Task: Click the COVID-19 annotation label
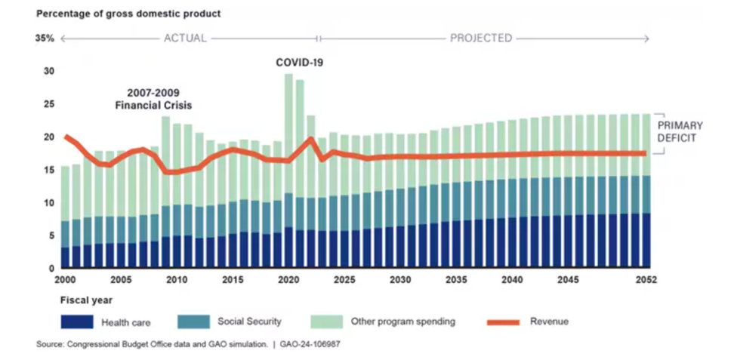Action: pyautogui.click(x=300, y=62)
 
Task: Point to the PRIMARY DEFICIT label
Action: pyautogui.click(x=679, y=131)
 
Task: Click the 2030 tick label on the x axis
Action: pyautogui.click(x=400, y=280)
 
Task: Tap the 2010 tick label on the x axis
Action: pyautogui.click(x=177, y=280)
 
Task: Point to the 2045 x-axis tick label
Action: pyautogui.click(x=568, y=280)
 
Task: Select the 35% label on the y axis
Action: pyautogui.click(x=45, y=38)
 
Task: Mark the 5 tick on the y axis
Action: pyautogui.click(x=51, y=235)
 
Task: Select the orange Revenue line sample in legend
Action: pyautogui.click(x=500, y=322)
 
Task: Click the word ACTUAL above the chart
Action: pyautogui.click(x=185, y=38)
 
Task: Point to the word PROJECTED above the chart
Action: pyautogui.click(x=481, y=38)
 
